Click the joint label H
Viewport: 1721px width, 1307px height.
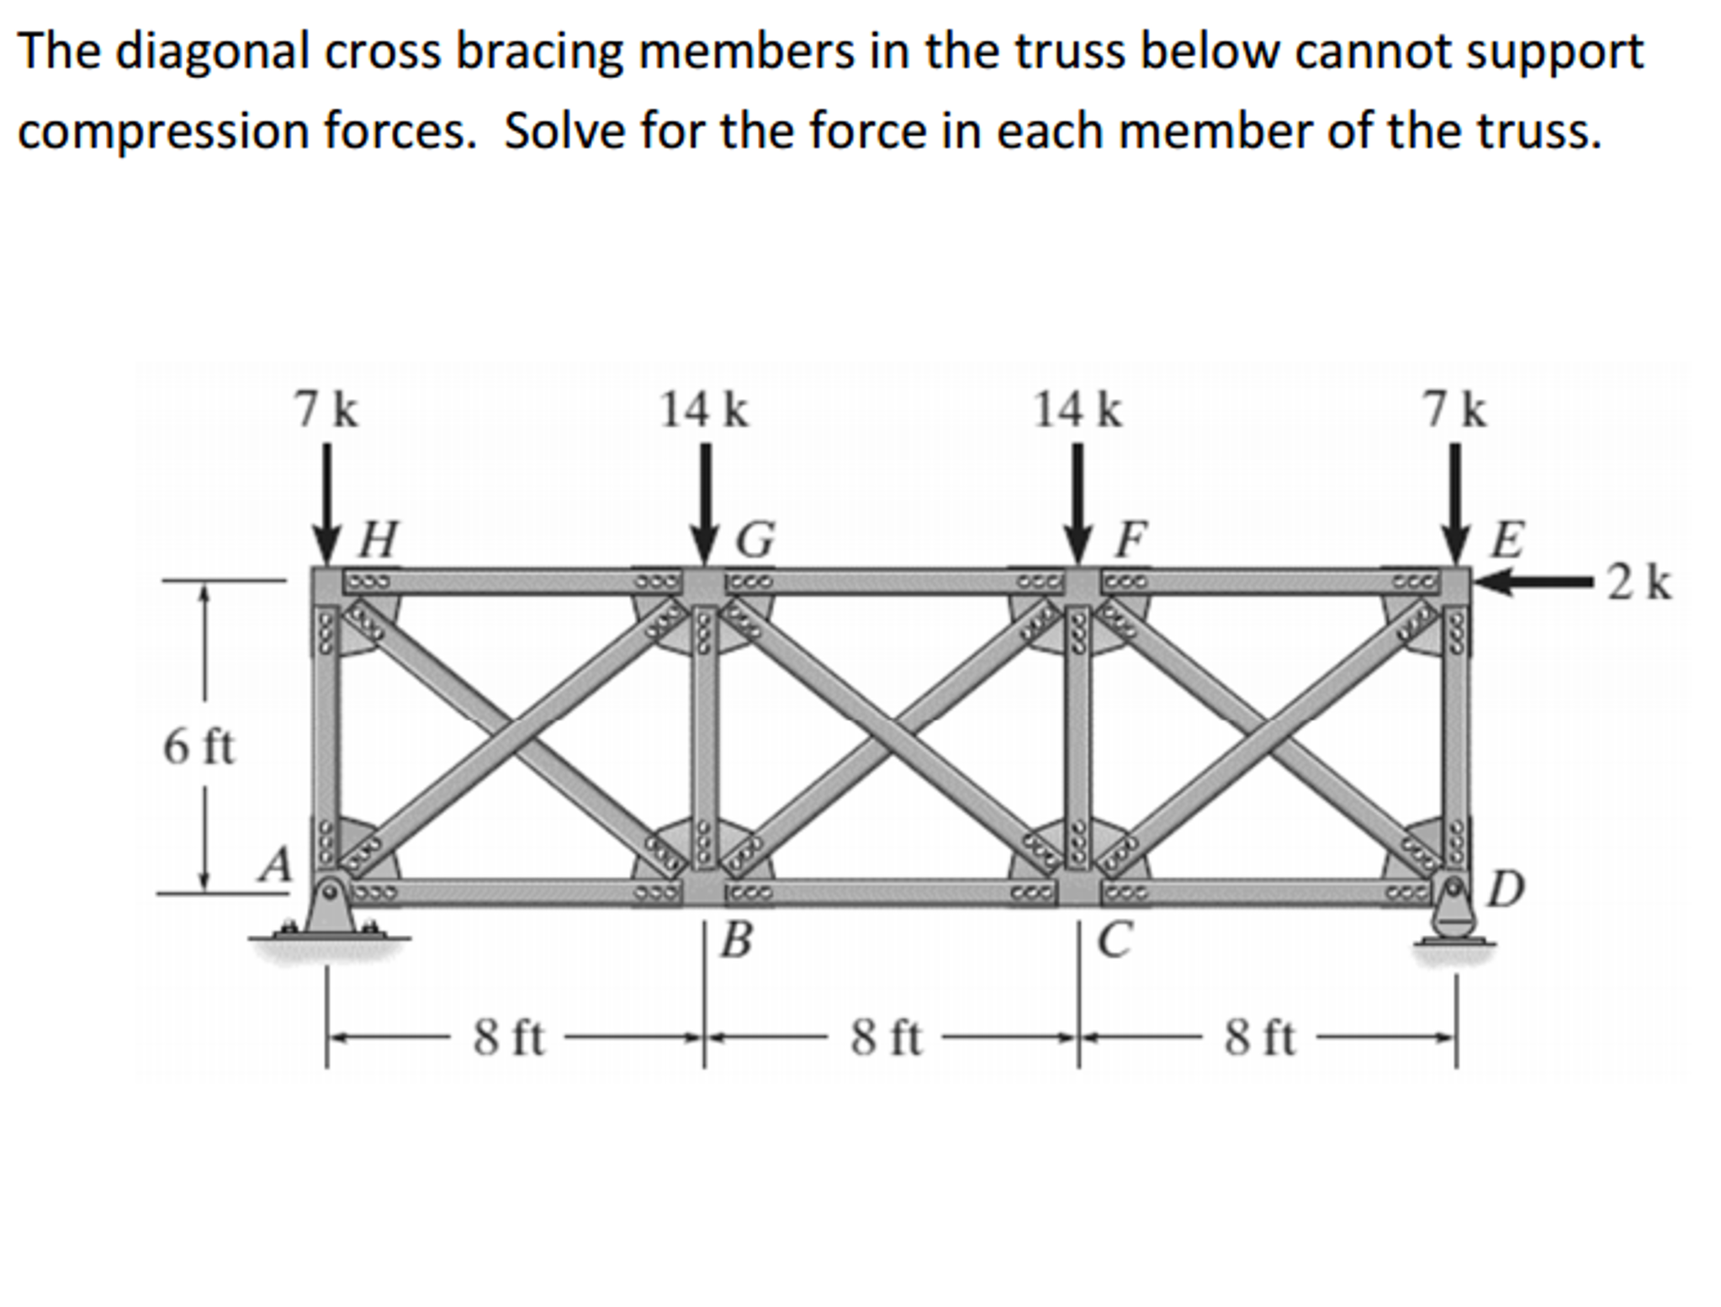coord(378,540)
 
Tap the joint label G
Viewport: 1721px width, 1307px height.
coord(755,540)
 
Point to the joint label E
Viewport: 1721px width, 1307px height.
coord(1507,540)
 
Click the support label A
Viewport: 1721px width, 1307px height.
coord(275,864)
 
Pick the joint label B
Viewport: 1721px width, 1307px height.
coord(736,941)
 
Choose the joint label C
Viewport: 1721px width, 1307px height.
coord(1115,941)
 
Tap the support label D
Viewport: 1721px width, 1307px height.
coord(1505,890)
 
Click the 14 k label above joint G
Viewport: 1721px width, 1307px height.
coord(703,411)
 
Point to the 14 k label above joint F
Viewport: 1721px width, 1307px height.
coord(1078,411)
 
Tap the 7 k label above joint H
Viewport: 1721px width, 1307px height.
coord(326,411)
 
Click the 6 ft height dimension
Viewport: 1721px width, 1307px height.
coord(199,746)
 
